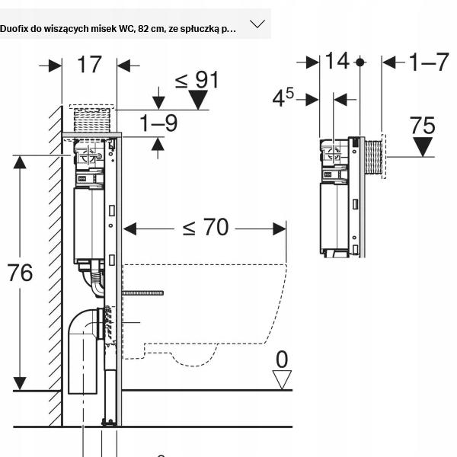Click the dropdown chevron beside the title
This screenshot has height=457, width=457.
pos(257,24)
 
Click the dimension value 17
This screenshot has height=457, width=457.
pos(89,65)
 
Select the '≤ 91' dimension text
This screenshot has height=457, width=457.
pos(197,78)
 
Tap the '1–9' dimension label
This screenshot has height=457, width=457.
pos(158,123)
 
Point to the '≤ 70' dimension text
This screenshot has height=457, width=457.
pos(205,227)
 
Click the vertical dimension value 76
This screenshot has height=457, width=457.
pos(21,272)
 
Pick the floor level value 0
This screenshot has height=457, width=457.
pos(282,358)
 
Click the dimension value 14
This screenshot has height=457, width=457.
pos(336,61)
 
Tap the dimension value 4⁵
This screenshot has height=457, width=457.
pos(283,97)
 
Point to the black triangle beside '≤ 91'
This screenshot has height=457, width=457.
pos(199,100)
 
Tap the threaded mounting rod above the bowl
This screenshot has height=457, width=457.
pos(142,292)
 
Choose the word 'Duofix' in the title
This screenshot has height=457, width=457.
pos(16,29)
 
